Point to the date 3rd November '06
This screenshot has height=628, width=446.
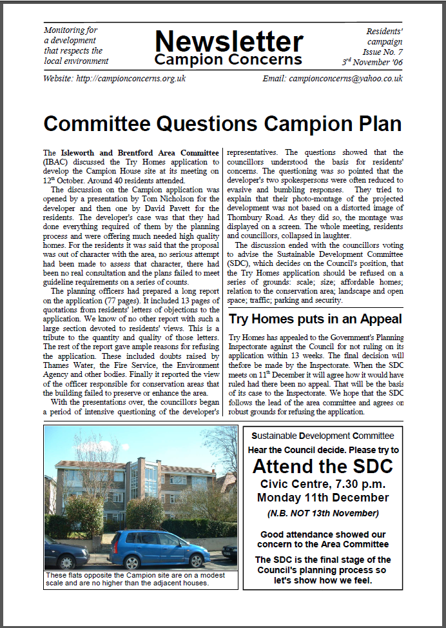373,62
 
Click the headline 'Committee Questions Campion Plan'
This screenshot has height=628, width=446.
222,124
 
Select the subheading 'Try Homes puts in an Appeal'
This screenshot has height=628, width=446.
315,319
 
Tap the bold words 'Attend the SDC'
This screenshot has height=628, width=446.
322,466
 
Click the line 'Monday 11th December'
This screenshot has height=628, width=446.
322,498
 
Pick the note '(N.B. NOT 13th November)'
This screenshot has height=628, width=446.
322,514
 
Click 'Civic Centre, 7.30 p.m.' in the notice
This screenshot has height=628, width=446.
322,483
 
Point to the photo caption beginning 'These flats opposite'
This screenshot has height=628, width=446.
135,579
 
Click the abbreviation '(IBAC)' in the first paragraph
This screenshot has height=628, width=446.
57,162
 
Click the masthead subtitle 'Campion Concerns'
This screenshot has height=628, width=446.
228,60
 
